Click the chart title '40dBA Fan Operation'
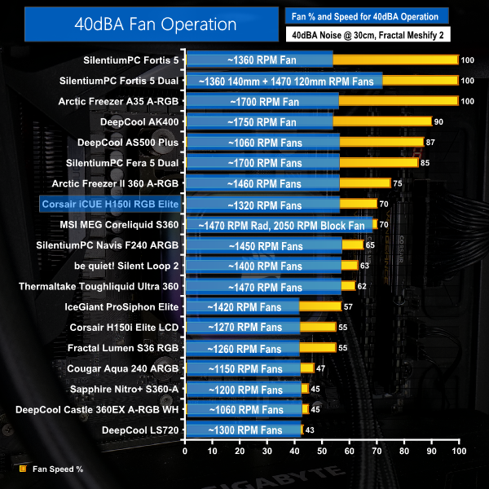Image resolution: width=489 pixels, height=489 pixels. pyautogui.click(x=131, y=24)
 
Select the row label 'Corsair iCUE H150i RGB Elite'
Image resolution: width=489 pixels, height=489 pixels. pyautogui.click(x=110, y=204)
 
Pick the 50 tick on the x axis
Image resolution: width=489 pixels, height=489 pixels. pyautogui.click(x=322, y=451)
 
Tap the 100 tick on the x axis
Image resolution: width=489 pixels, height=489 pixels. pyautogui.click(x=458, y=451)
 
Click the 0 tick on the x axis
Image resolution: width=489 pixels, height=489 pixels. pyautogui.click(x=186, y=451)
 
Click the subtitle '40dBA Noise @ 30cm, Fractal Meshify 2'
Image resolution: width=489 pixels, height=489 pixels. pyautogui.click(x=368, y=35)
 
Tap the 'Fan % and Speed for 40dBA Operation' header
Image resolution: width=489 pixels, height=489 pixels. pyautogui.click(x=366, y=15)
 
